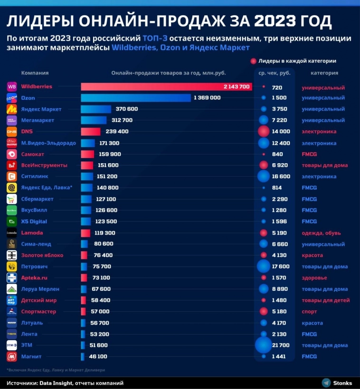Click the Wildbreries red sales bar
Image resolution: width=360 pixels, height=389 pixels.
pos(166,87)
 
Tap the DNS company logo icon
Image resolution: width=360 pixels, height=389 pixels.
pos(12,132)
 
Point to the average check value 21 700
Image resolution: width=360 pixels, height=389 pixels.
pos(281,345)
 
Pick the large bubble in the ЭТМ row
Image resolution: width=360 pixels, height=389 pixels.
pos(263,345)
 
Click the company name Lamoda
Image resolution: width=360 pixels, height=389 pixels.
pos(32,233)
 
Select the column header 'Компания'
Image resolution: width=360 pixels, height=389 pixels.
pos(35,73)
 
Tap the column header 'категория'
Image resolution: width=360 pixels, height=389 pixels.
pos(324,73)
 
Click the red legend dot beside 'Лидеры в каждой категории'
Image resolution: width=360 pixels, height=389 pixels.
pos(253,61)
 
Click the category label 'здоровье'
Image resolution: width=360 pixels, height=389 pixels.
pos(315,278)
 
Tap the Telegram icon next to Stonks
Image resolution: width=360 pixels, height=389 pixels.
pos(326,383)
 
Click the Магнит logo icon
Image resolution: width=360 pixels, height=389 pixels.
pos(12,356)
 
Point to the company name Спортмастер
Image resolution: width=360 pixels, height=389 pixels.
pos(38,312)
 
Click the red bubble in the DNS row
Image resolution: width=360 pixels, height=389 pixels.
pos(263,132)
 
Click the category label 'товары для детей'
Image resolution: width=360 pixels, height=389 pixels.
pos(326,300)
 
